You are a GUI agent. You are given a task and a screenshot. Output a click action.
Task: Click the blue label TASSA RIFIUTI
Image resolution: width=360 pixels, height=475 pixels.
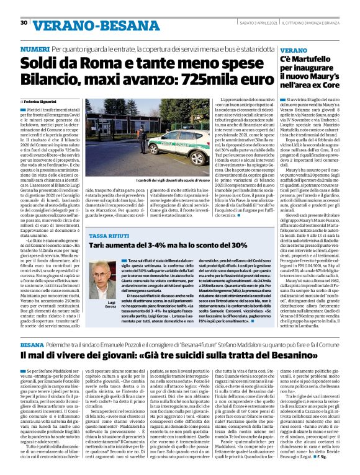coord(109,236)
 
